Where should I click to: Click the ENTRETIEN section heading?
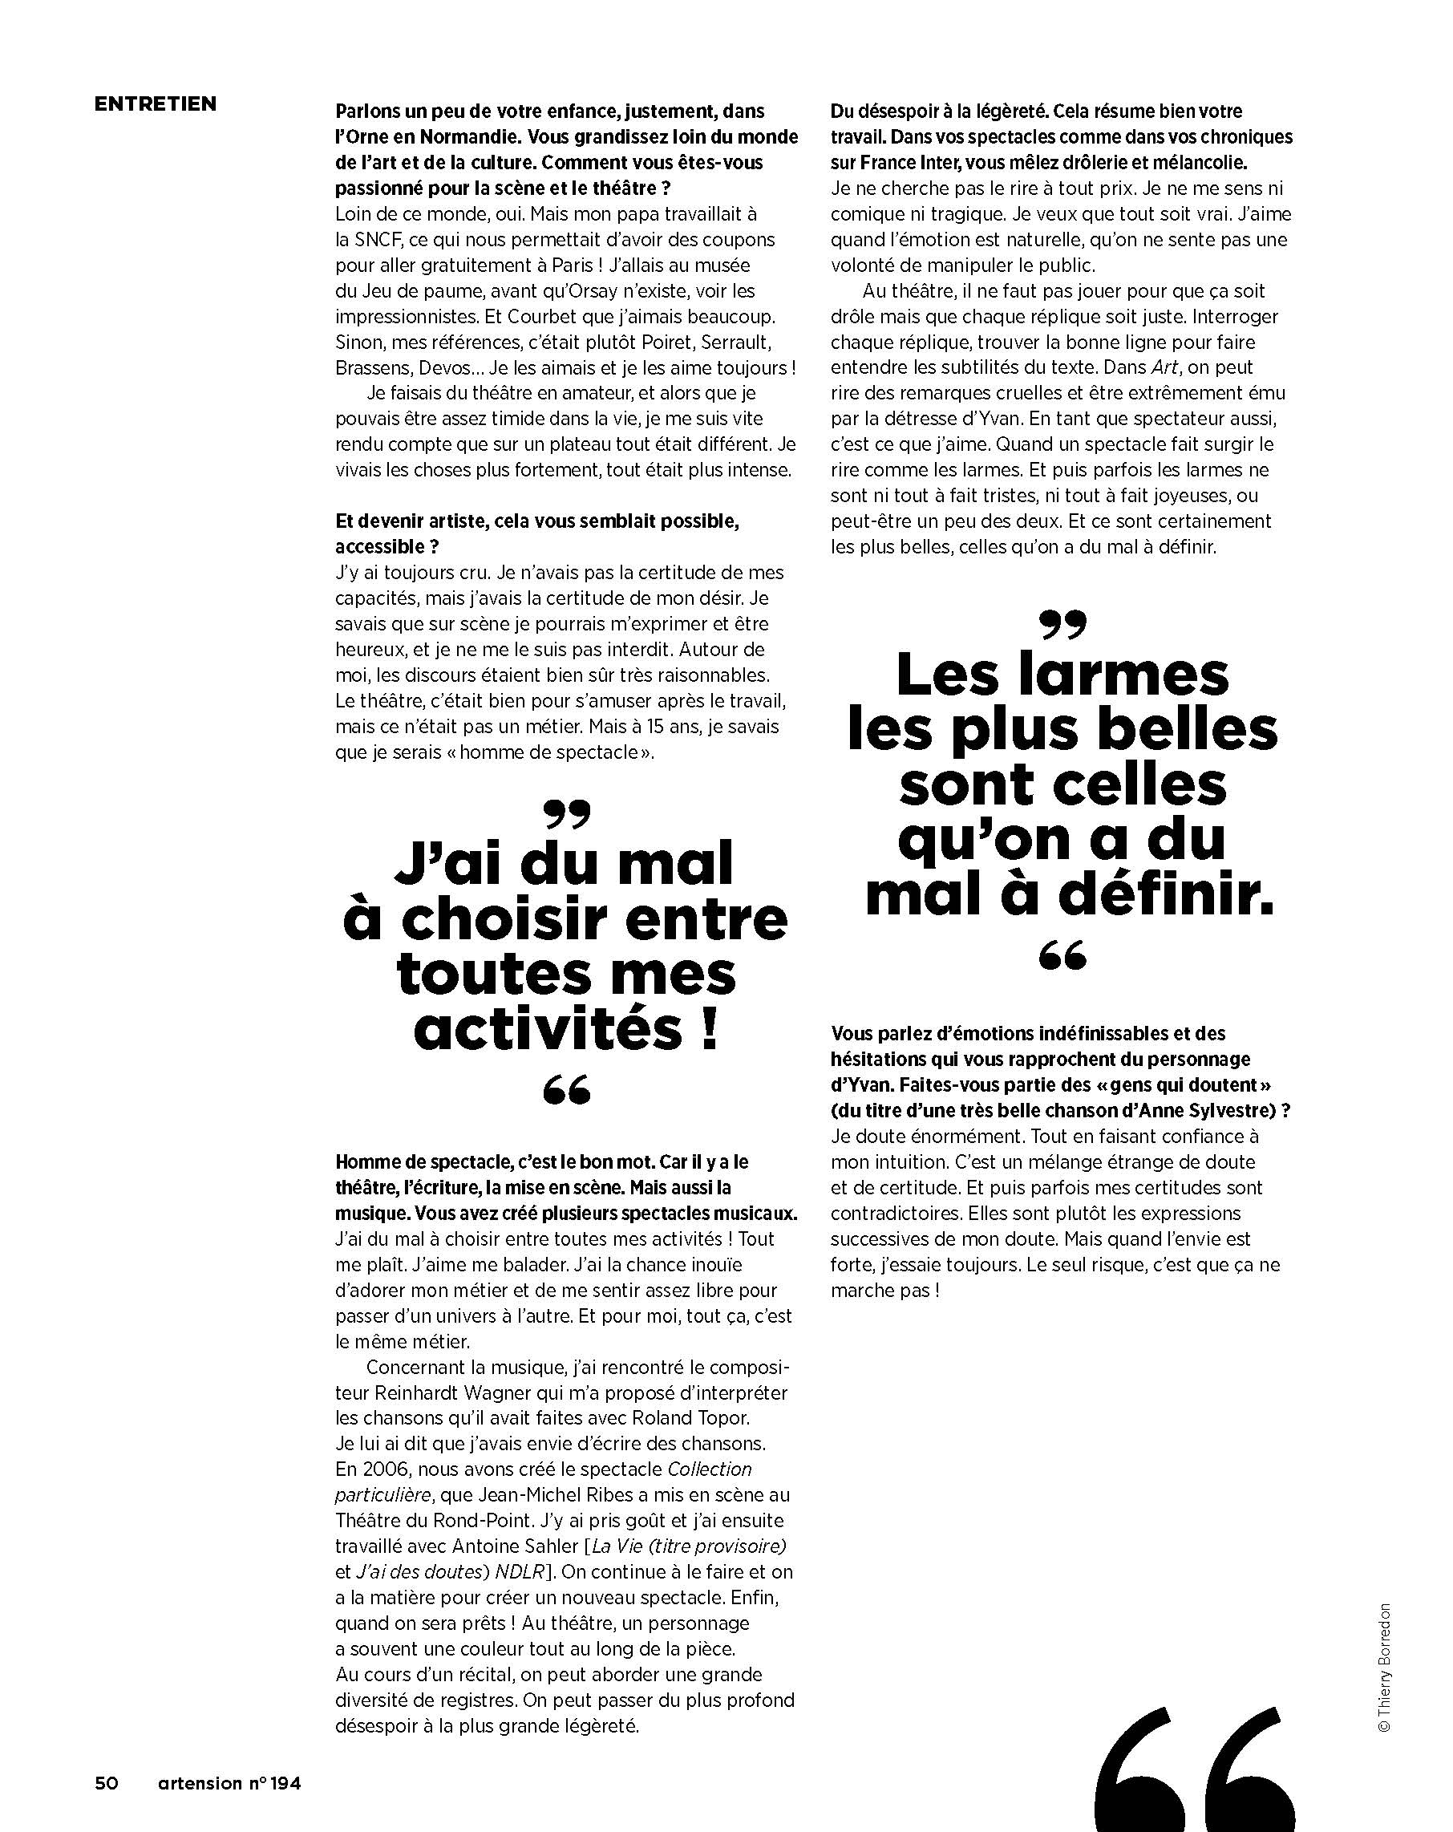click(156, 103)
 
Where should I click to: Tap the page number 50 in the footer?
click(106, 1783)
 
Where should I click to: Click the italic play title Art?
click(1165, 368)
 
